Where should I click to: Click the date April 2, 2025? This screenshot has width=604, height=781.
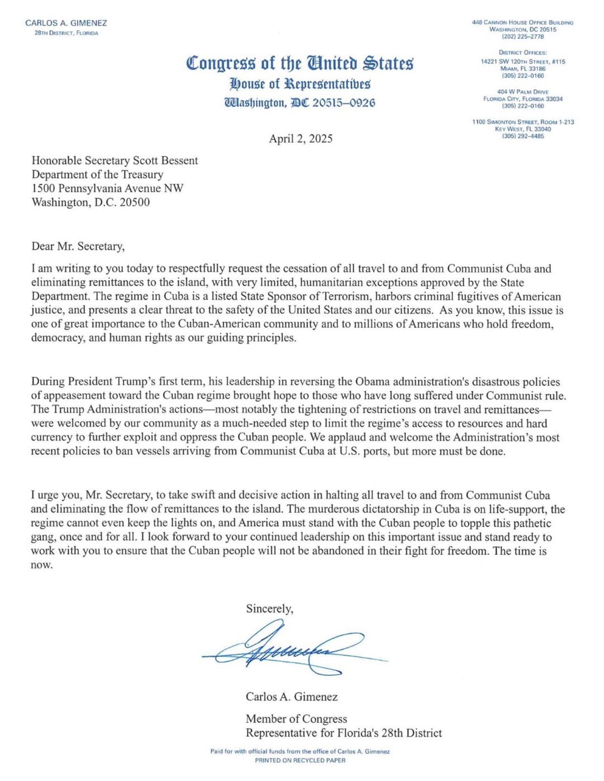click(x=300, y=139)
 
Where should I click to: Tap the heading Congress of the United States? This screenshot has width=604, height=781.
click(x=300, y=63)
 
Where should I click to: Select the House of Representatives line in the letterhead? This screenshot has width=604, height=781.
click(x=300, y=84)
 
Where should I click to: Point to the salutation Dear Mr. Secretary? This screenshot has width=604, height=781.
click(x=78, y=246)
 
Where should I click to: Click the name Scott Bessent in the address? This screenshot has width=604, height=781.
click(x=166, y=161)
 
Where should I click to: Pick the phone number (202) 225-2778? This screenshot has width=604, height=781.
click(x=522, y=36)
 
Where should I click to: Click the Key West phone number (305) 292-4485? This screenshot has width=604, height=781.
click(x=522, y=136)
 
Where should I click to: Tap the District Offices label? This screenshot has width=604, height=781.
click(x=522, y=53)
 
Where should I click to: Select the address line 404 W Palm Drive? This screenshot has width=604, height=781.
click(x=522, y=92)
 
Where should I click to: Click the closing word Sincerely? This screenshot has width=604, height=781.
click(x=269, y=609)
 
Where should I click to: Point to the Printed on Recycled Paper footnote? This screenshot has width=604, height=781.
click(x=300, y=760)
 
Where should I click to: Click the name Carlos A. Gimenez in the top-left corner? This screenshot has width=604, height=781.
click(x=66, y=23)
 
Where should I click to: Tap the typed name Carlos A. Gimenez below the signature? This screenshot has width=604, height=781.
click(x=291, y=697)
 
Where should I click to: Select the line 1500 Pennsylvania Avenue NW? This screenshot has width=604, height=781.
click(x=107, y=189)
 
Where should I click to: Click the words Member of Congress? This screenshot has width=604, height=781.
click(x=296, y=719)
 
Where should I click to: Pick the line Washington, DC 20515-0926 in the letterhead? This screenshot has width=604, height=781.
click(x=300, y=103)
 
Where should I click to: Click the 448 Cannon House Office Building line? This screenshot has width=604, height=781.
click(x=522, y=22)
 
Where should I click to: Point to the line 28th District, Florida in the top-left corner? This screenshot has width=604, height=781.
click(x=66, y=33)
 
